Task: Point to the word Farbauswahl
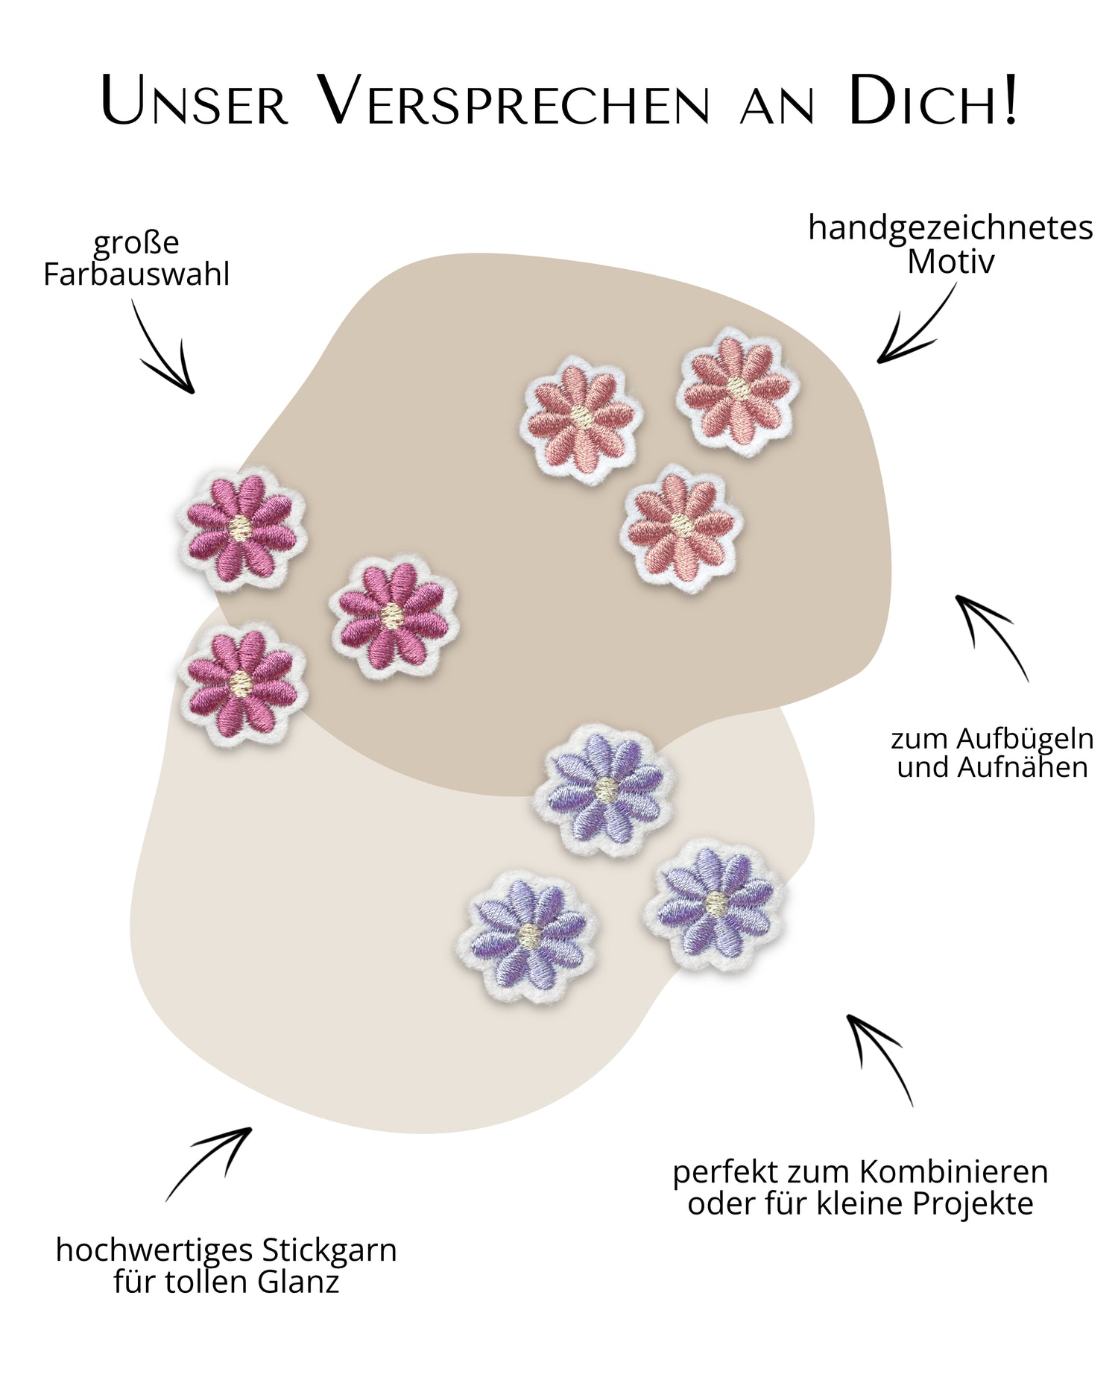click(x=136, y=274)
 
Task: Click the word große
click(x=136, y=243)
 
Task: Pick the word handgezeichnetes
click(x=950, y=228)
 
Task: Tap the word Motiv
click(x=950, y=262)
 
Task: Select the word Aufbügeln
click(x=1025, y=739)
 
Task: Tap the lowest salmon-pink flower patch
click(x=680, y=527)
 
